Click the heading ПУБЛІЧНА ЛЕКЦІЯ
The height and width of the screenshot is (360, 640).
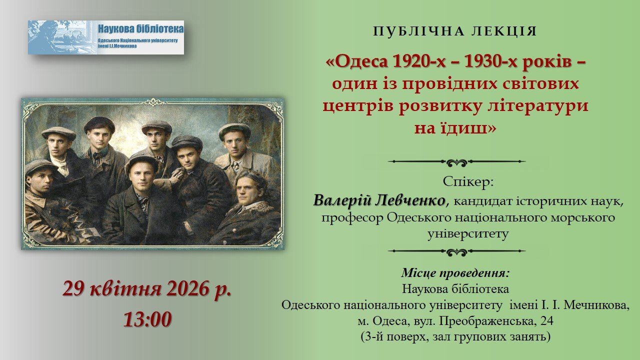click(455, 31)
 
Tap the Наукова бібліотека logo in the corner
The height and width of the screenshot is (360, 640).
click(106, 37)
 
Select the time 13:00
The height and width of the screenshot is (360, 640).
click(147, 318)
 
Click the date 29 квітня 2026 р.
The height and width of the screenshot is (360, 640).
click(147, 289)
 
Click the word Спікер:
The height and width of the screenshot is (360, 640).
click(468, 182)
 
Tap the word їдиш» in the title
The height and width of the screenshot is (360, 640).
click(455, 128)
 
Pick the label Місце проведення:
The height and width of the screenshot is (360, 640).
click(455, 273)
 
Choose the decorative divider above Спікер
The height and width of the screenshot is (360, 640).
click(456, 162)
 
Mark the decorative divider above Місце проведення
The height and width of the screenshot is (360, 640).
click(456, 251)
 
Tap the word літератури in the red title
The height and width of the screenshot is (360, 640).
click(541, 105)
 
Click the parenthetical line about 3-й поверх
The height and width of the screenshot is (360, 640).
click(455, 336)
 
